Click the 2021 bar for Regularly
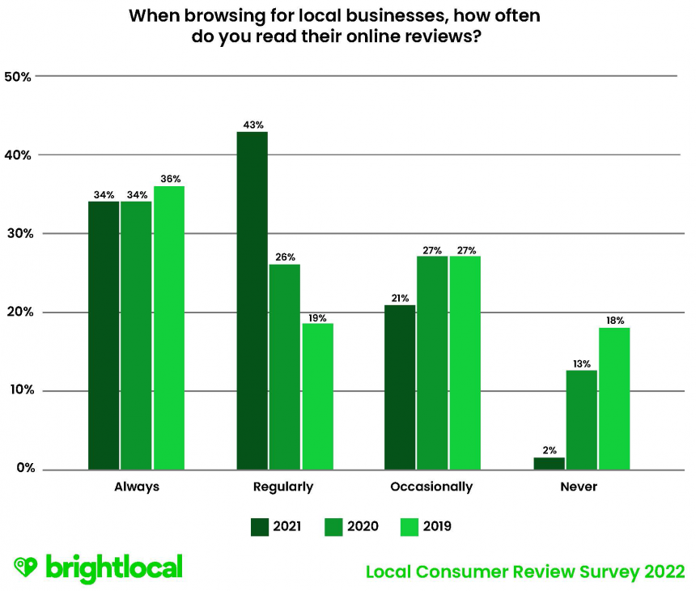coord(252,300)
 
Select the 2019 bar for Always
coord(169,328)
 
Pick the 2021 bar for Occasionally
coord(400,387)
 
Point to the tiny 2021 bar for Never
coord(549,463)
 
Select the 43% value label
coord(253,125)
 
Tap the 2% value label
coord(549,449)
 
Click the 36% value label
coord(170,179)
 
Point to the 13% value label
coord(581,363)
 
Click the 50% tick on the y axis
coord(18,77)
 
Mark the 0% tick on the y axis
coord(21,470)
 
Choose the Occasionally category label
coord(431,487)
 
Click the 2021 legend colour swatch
coord(261,527)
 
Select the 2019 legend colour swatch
coord(411,527)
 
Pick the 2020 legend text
coord(363,527)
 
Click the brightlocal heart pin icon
coord(26,568)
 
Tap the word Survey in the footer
coord(600,572)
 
